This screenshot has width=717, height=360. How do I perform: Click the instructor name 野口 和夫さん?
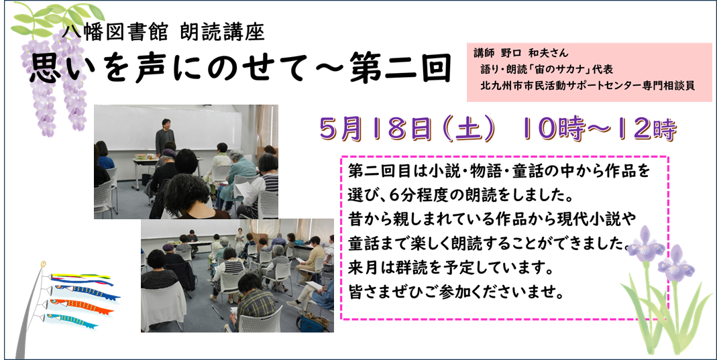coord(535,53)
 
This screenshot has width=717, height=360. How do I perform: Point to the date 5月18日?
coord(376,130)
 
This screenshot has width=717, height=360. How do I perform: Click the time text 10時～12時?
coord(594,130)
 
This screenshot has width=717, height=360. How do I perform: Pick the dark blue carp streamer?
coord(85,292)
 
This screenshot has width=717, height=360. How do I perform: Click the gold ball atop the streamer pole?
coord(44,263)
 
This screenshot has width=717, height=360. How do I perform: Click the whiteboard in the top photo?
coord(168,128)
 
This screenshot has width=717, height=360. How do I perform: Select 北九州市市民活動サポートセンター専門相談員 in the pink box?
coord(587,86)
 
